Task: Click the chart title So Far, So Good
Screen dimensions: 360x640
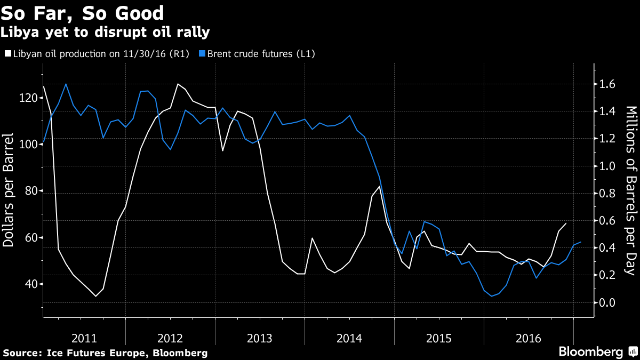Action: (82, 12)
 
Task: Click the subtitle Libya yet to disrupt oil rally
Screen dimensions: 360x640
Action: (105, 33)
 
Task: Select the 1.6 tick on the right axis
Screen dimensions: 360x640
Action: (608, 84)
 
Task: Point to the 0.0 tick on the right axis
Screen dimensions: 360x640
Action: (608, 302)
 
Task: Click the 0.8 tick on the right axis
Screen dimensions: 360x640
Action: (608, 194)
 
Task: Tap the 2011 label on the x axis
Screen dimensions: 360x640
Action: (84, 338)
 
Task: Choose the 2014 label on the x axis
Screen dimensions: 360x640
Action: (350, 338)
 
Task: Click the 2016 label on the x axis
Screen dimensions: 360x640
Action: (529, 338)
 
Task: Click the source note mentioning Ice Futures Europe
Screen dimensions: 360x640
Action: (105, 353)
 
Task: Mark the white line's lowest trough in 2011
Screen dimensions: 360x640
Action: (96, 296)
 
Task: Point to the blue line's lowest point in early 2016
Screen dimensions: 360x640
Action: (491, 296)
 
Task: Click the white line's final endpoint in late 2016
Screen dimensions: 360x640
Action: (566, 223)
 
